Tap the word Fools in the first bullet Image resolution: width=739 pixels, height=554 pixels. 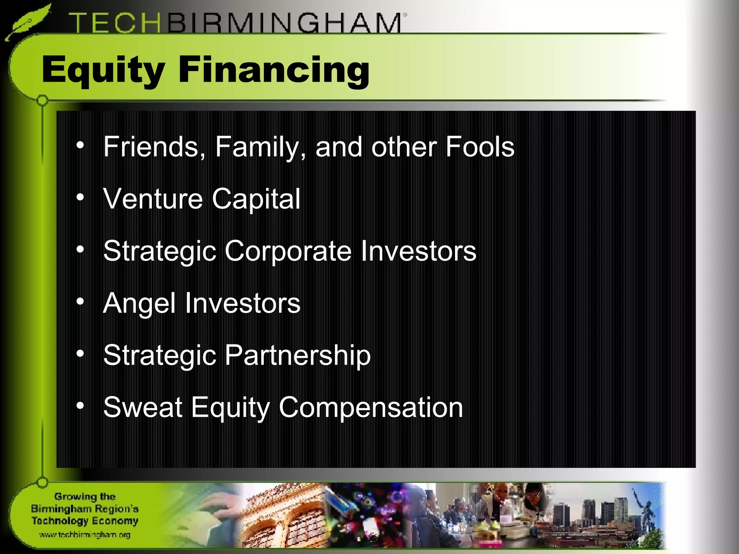tap(480, 147)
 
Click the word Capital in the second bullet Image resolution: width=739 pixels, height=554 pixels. tap(256, 199)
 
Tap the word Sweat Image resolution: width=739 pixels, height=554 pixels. tap(143, 407)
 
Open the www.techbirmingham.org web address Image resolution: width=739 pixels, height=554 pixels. tap(84, 535)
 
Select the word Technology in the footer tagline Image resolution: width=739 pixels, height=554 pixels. tap(58, 521)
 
